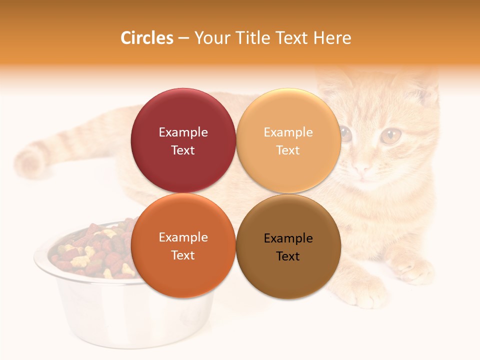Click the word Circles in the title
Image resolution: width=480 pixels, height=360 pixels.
147,38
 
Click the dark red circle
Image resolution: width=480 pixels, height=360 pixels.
183,140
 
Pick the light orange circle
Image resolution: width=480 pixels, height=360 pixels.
288,140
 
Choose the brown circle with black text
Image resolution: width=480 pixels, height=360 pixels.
288,246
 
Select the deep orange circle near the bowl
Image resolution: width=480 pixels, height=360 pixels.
183,245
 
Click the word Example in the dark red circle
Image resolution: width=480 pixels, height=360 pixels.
183,132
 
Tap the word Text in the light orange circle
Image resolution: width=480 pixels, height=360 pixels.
288,150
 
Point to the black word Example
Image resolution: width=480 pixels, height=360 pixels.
288,238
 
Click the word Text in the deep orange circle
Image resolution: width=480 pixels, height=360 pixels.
183,255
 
